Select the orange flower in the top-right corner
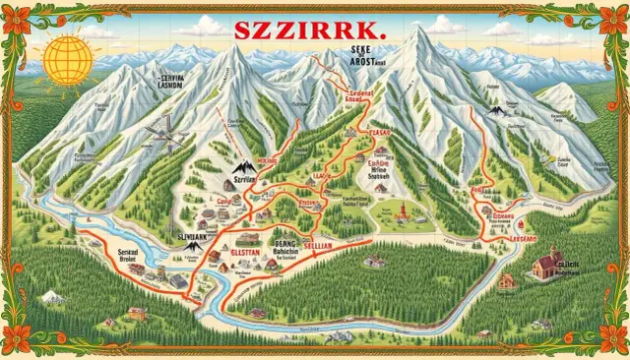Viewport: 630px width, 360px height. click(x=610, y=19)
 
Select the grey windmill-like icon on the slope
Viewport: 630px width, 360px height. click(x=163, y=138)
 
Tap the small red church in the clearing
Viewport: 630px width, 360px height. click(x=402, y=210)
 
